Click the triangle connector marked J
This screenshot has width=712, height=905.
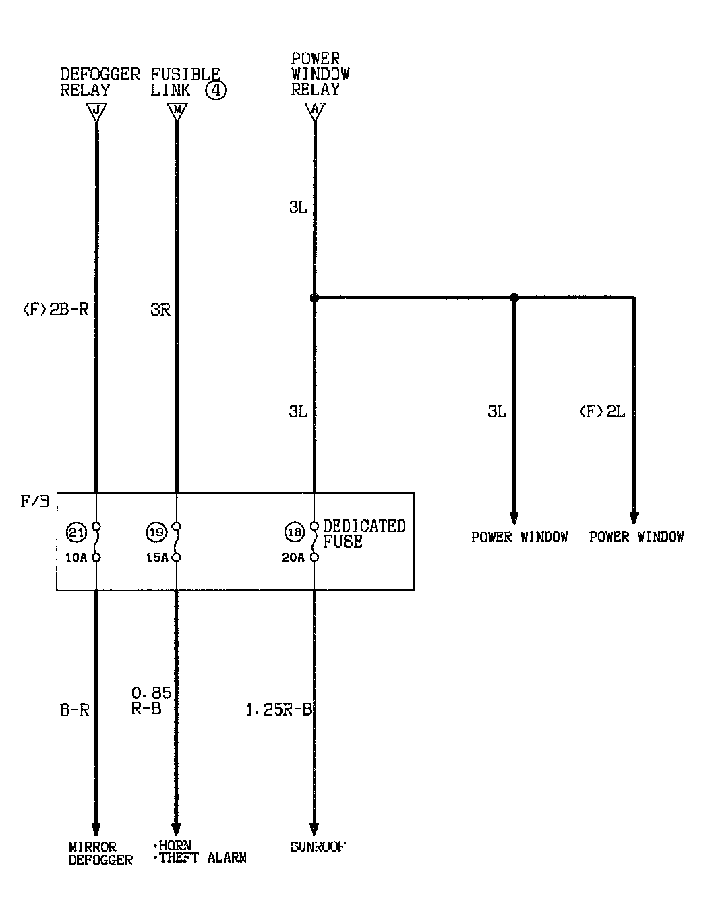tap(96, 111)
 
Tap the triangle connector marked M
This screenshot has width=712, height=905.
tap(177, 111)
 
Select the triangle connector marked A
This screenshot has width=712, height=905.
tap(314, 111)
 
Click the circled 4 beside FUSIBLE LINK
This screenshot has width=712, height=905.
tap(216, 90)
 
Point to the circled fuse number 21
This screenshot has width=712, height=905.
tap(76, 533)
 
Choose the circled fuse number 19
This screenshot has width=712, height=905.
tap(156, 533)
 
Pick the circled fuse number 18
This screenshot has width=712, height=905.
tap(294, 533)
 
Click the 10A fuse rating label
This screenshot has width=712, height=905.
tap(76, 558)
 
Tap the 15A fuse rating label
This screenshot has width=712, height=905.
tap(156, 558)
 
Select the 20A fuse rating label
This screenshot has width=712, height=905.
tap(293, 558)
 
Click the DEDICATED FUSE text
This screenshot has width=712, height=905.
tap(364, 533)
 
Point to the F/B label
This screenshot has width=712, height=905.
tap(35, 502)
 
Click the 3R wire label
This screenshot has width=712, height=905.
tap(161, 310)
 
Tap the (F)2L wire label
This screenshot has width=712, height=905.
tap(602, 411)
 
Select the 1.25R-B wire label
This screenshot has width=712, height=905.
tap(278, 709)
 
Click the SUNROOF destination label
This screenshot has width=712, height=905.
tap(318, 846)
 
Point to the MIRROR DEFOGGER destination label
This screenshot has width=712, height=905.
tap(100, 853)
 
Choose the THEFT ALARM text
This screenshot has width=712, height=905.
tap(202, 858)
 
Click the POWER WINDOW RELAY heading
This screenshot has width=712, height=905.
tap(320, 74)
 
